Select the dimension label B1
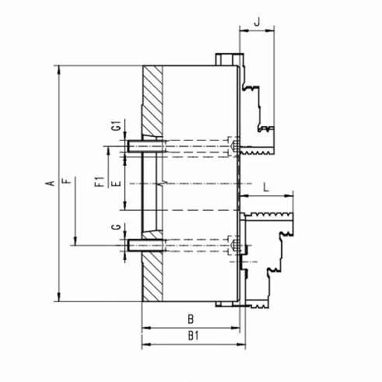coord(193,336)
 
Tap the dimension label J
coord(257,22)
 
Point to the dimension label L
coord(266,187)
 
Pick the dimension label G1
coord(117,125)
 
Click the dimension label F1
coord(100,181)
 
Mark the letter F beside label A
coord(67,180)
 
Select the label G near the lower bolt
coord(117,227)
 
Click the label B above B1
coord(191,319)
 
